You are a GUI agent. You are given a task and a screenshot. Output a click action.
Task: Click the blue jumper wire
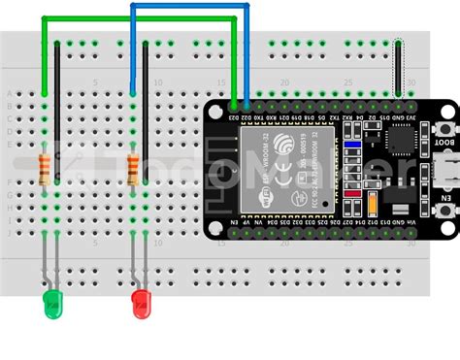tap(189, 8)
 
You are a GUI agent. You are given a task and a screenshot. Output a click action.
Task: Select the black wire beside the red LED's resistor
tap(147, 107)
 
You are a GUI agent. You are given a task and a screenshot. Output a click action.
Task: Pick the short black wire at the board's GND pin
tap(398, 68)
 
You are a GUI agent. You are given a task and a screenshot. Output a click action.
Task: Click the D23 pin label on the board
tap(234, 118)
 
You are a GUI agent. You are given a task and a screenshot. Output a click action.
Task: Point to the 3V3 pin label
tap(411, 118)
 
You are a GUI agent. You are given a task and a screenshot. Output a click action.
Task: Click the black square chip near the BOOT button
tap(399, 143)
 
